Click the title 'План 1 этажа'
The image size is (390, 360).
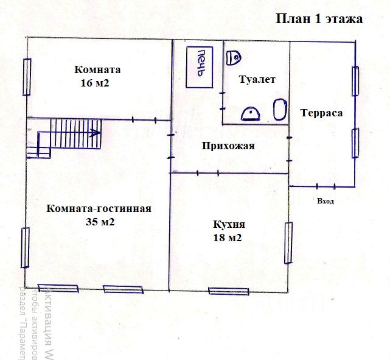point(319,19)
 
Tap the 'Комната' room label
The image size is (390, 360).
point(98,69)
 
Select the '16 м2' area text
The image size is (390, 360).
point(94,83)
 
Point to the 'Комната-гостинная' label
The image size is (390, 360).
point(99,208)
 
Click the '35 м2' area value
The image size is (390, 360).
point(101,222)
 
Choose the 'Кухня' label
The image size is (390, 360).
point(228,224)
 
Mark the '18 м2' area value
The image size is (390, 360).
point(228,238)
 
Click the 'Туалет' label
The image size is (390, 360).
point(257,80)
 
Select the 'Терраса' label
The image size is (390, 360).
point(321,113)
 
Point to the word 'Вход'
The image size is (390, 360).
point(326,200)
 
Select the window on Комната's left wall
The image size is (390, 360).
point(27,76)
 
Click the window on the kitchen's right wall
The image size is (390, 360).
point(288,242)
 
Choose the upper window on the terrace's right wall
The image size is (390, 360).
point(355,80)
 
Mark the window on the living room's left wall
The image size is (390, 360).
point(26,247)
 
